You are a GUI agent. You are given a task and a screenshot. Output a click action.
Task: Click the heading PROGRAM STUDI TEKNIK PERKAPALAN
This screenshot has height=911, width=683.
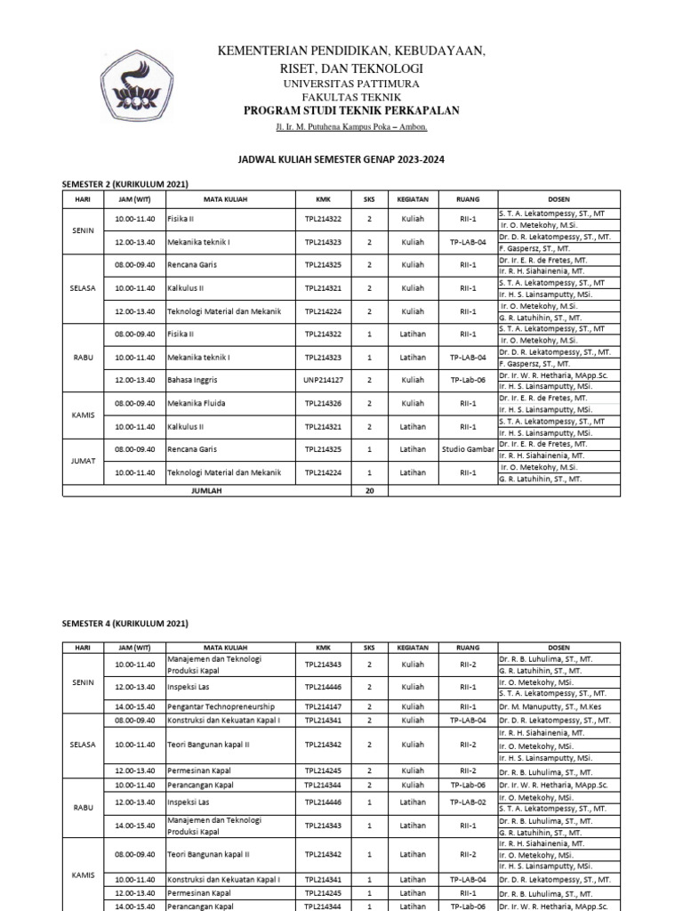click(x=351, y=109)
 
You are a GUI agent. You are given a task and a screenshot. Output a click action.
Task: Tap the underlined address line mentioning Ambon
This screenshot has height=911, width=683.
click(x=351, y=127)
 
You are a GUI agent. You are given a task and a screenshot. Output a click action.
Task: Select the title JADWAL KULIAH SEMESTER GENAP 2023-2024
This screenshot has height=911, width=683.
click(x=341, y=159)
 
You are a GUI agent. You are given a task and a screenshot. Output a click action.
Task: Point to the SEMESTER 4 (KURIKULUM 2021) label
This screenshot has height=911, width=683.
click(x=125, y=624)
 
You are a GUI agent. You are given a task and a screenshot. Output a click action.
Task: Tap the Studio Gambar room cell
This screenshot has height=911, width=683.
click(x=468, y=450)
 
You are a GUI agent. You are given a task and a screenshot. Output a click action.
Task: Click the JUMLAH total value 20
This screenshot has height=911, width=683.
click(x=369, y=490)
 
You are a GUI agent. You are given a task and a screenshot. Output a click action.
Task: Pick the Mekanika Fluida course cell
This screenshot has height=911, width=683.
click(x=197, y=404)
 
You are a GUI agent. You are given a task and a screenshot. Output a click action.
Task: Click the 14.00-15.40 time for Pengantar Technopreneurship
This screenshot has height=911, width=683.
click(x=135, y=708)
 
